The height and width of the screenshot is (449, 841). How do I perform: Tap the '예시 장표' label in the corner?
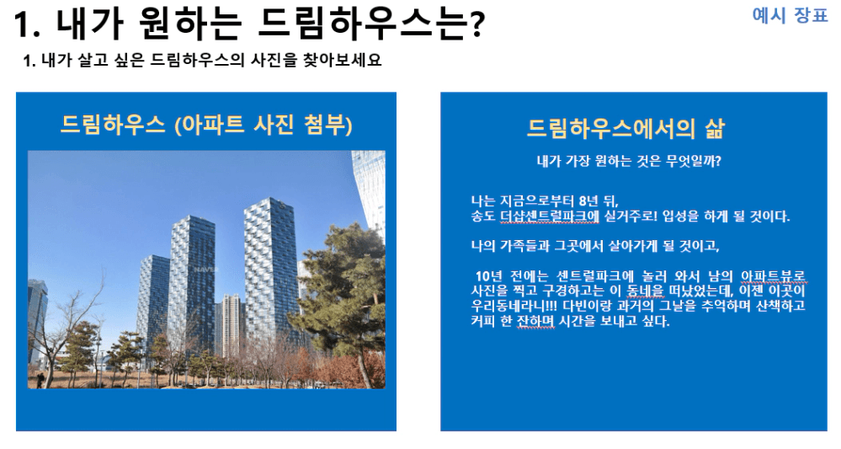790,15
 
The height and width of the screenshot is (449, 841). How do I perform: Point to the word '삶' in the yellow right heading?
715,129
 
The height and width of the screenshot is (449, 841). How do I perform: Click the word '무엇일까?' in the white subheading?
694,161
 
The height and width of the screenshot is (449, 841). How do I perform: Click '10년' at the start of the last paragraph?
489,276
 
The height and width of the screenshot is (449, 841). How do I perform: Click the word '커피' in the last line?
483,321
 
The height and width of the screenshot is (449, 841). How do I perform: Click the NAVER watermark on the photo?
206,269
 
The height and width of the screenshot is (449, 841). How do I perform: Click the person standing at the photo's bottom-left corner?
40,379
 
